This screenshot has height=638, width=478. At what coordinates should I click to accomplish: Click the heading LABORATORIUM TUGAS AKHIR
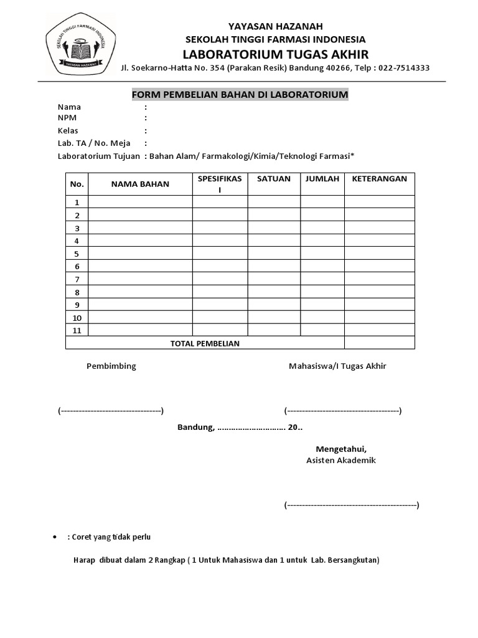[x=275, y=54]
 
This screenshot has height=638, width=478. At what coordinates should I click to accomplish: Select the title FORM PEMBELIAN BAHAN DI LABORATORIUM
[x=240, y=95]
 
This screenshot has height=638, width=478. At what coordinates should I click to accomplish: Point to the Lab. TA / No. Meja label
[x=93, y=143]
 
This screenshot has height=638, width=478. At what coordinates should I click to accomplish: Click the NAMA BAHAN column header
[x=140, y=184]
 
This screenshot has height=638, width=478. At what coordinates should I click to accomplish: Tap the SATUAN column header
[x=273, y=179]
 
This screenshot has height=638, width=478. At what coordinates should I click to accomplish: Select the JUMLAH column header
[x=322, y=179]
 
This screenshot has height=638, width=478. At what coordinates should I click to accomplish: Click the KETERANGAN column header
[x=380, y=179]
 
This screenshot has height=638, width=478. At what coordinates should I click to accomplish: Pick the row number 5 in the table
[x=77, y=254]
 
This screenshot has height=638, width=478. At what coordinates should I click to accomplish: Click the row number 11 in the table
[x=77, y=330]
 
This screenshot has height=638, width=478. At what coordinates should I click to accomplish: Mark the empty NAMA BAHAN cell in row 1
[x=140, y=202]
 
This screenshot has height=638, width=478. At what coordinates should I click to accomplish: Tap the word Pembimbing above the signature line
[x=111, y=366]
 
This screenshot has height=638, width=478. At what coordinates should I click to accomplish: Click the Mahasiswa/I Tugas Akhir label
[x=337, y=366]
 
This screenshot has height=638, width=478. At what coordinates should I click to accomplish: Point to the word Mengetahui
[x=341, y=449]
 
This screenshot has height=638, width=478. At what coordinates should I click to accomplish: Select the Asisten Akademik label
[x=341, y=460]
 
